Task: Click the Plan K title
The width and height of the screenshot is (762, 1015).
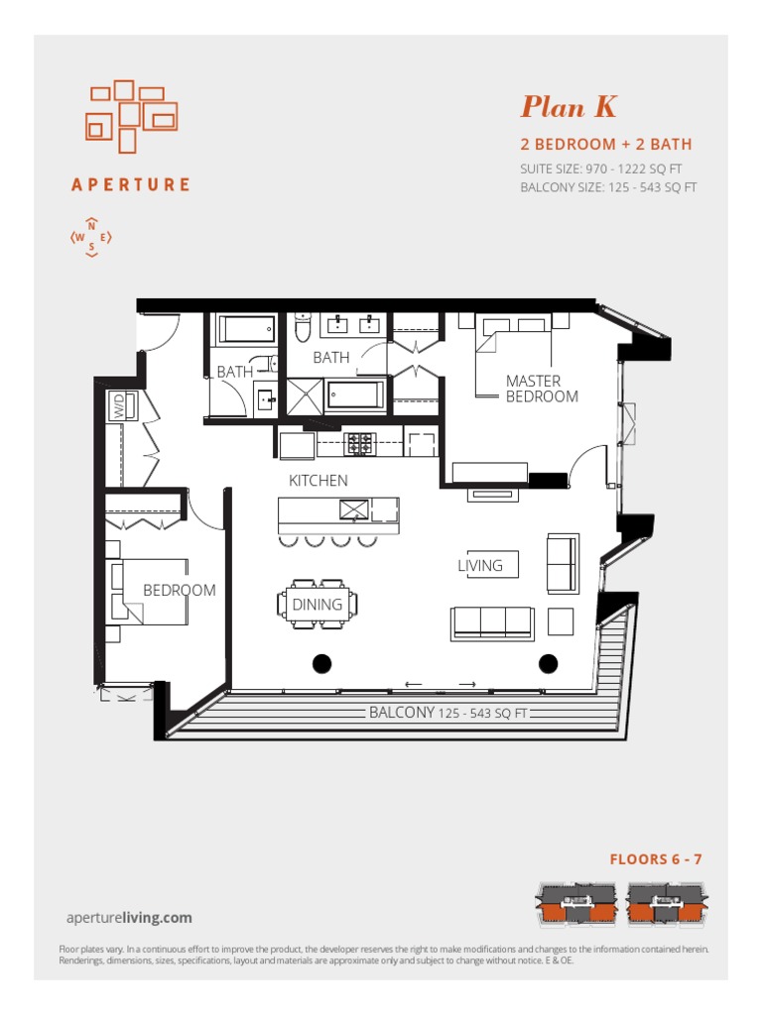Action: [570, 107]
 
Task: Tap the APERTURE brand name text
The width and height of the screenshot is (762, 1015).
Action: [131, 184]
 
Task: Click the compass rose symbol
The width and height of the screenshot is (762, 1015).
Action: [91, 237]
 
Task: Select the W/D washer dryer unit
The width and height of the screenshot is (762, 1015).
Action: [119, 406]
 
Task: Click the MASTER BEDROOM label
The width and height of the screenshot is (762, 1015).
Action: [541, 389]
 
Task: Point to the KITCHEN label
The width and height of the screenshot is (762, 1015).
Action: [318, 481]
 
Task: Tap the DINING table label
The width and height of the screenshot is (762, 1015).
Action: [317, 604]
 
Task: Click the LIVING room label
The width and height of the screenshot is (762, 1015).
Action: [480, 566]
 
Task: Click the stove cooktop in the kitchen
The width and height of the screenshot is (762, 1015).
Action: [358, 443]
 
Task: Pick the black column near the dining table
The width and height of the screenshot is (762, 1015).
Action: [321, 663]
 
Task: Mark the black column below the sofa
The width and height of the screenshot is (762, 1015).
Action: [548, 663]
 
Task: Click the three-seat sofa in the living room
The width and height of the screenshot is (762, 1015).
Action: [492, 622]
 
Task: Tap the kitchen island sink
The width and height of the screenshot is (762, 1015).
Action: [354, 509]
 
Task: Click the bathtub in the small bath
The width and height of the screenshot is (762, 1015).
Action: [246, 329]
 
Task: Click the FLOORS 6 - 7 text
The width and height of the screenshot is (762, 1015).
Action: [656, 859]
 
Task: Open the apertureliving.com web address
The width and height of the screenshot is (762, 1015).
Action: [129, 918]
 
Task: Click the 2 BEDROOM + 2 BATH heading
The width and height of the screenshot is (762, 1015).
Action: [606, 145]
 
